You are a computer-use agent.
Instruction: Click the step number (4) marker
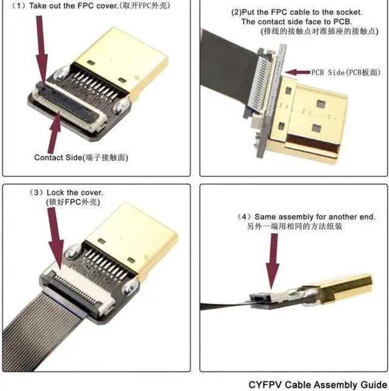pyautogui.click(x=243, y=216)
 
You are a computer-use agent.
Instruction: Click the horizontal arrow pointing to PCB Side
pyautogui.click(x=298, y=72)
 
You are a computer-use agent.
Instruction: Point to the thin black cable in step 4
pyautogui.click(x=225, y=306)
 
